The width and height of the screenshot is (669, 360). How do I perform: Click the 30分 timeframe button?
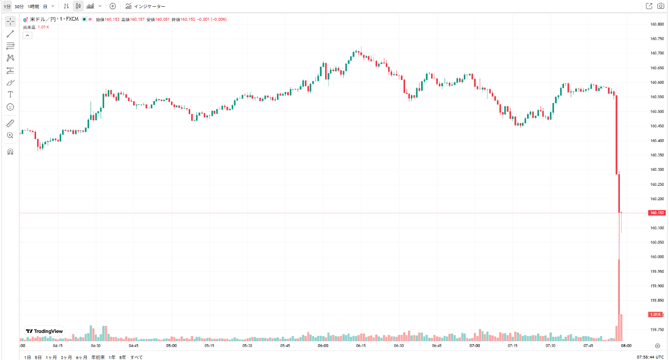pos(19,6)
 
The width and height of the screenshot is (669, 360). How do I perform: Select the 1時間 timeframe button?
pos(33,6)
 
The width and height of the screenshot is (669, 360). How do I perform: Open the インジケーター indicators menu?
pos(145,6)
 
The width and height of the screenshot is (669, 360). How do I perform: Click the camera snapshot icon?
pos(661,6)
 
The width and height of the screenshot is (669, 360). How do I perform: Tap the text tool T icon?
pos(10,94)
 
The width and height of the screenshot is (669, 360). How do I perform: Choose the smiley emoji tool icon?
pos(10,107)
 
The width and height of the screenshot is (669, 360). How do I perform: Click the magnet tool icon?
pos(10,152)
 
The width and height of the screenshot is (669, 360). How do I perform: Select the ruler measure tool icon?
pos(10,123)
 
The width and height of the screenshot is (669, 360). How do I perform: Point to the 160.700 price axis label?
pos(657,53)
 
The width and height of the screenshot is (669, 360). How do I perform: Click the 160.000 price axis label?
pos(657,257)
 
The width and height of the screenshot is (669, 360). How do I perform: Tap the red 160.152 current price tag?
pos(657,213)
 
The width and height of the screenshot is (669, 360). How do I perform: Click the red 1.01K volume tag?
pos(656,314)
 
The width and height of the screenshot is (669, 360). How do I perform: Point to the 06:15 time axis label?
pos(361,346)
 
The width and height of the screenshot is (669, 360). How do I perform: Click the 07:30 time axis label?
pos(551,346)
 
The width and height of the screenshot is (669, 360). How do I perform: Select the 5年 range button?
pos(122,357)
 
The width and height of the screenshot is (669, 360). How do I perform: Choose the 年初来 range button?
pos(98,357)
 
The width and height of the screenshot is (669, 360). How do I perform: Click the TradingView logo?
pos(44,331)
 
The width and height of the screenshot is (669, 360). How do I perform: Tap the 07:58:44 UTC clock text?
pos(650,357)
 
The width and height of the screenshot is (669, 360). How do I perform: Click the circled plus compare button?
pos(113,6)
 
